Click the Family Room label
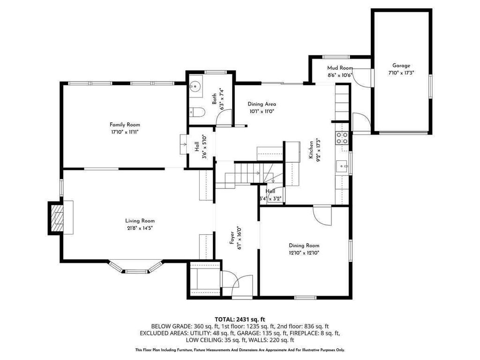125,125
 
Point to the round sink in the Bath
196,86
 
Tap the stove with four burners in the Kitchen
342,137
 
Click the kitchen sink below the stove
342,165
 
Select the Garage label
401,66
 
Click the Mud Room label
339,68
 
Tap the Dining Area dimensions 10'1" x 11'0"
262,112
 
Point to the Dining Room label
304,245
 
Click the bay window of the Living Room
135,269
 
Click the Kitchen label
311,150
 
